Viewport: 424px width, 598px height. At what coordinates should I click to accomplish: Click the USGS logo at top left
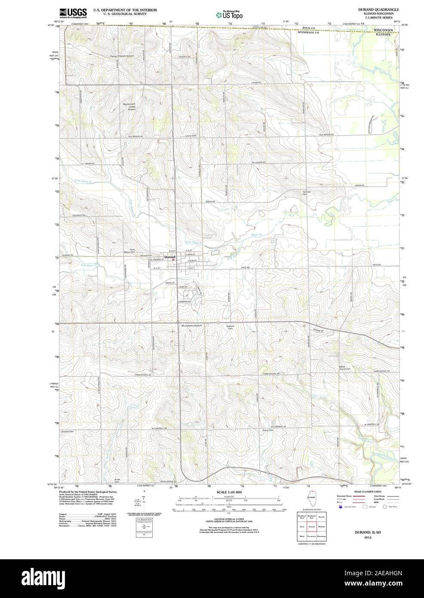point(73,12)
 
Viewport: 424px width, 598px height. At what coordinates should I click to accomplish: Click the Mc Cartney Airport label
point(191,326)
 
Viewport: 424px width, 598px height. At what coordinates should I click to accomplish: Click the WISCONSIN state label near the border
point(383,30)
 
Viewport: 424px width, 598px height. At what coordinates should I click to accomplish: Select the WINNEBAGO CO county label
point(307,32)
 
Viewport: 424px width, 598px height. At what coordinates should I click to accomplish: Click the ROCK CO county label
point(309,28)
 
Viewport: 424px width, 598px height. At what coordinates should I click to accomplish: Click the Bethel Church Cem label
point(345,368)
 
